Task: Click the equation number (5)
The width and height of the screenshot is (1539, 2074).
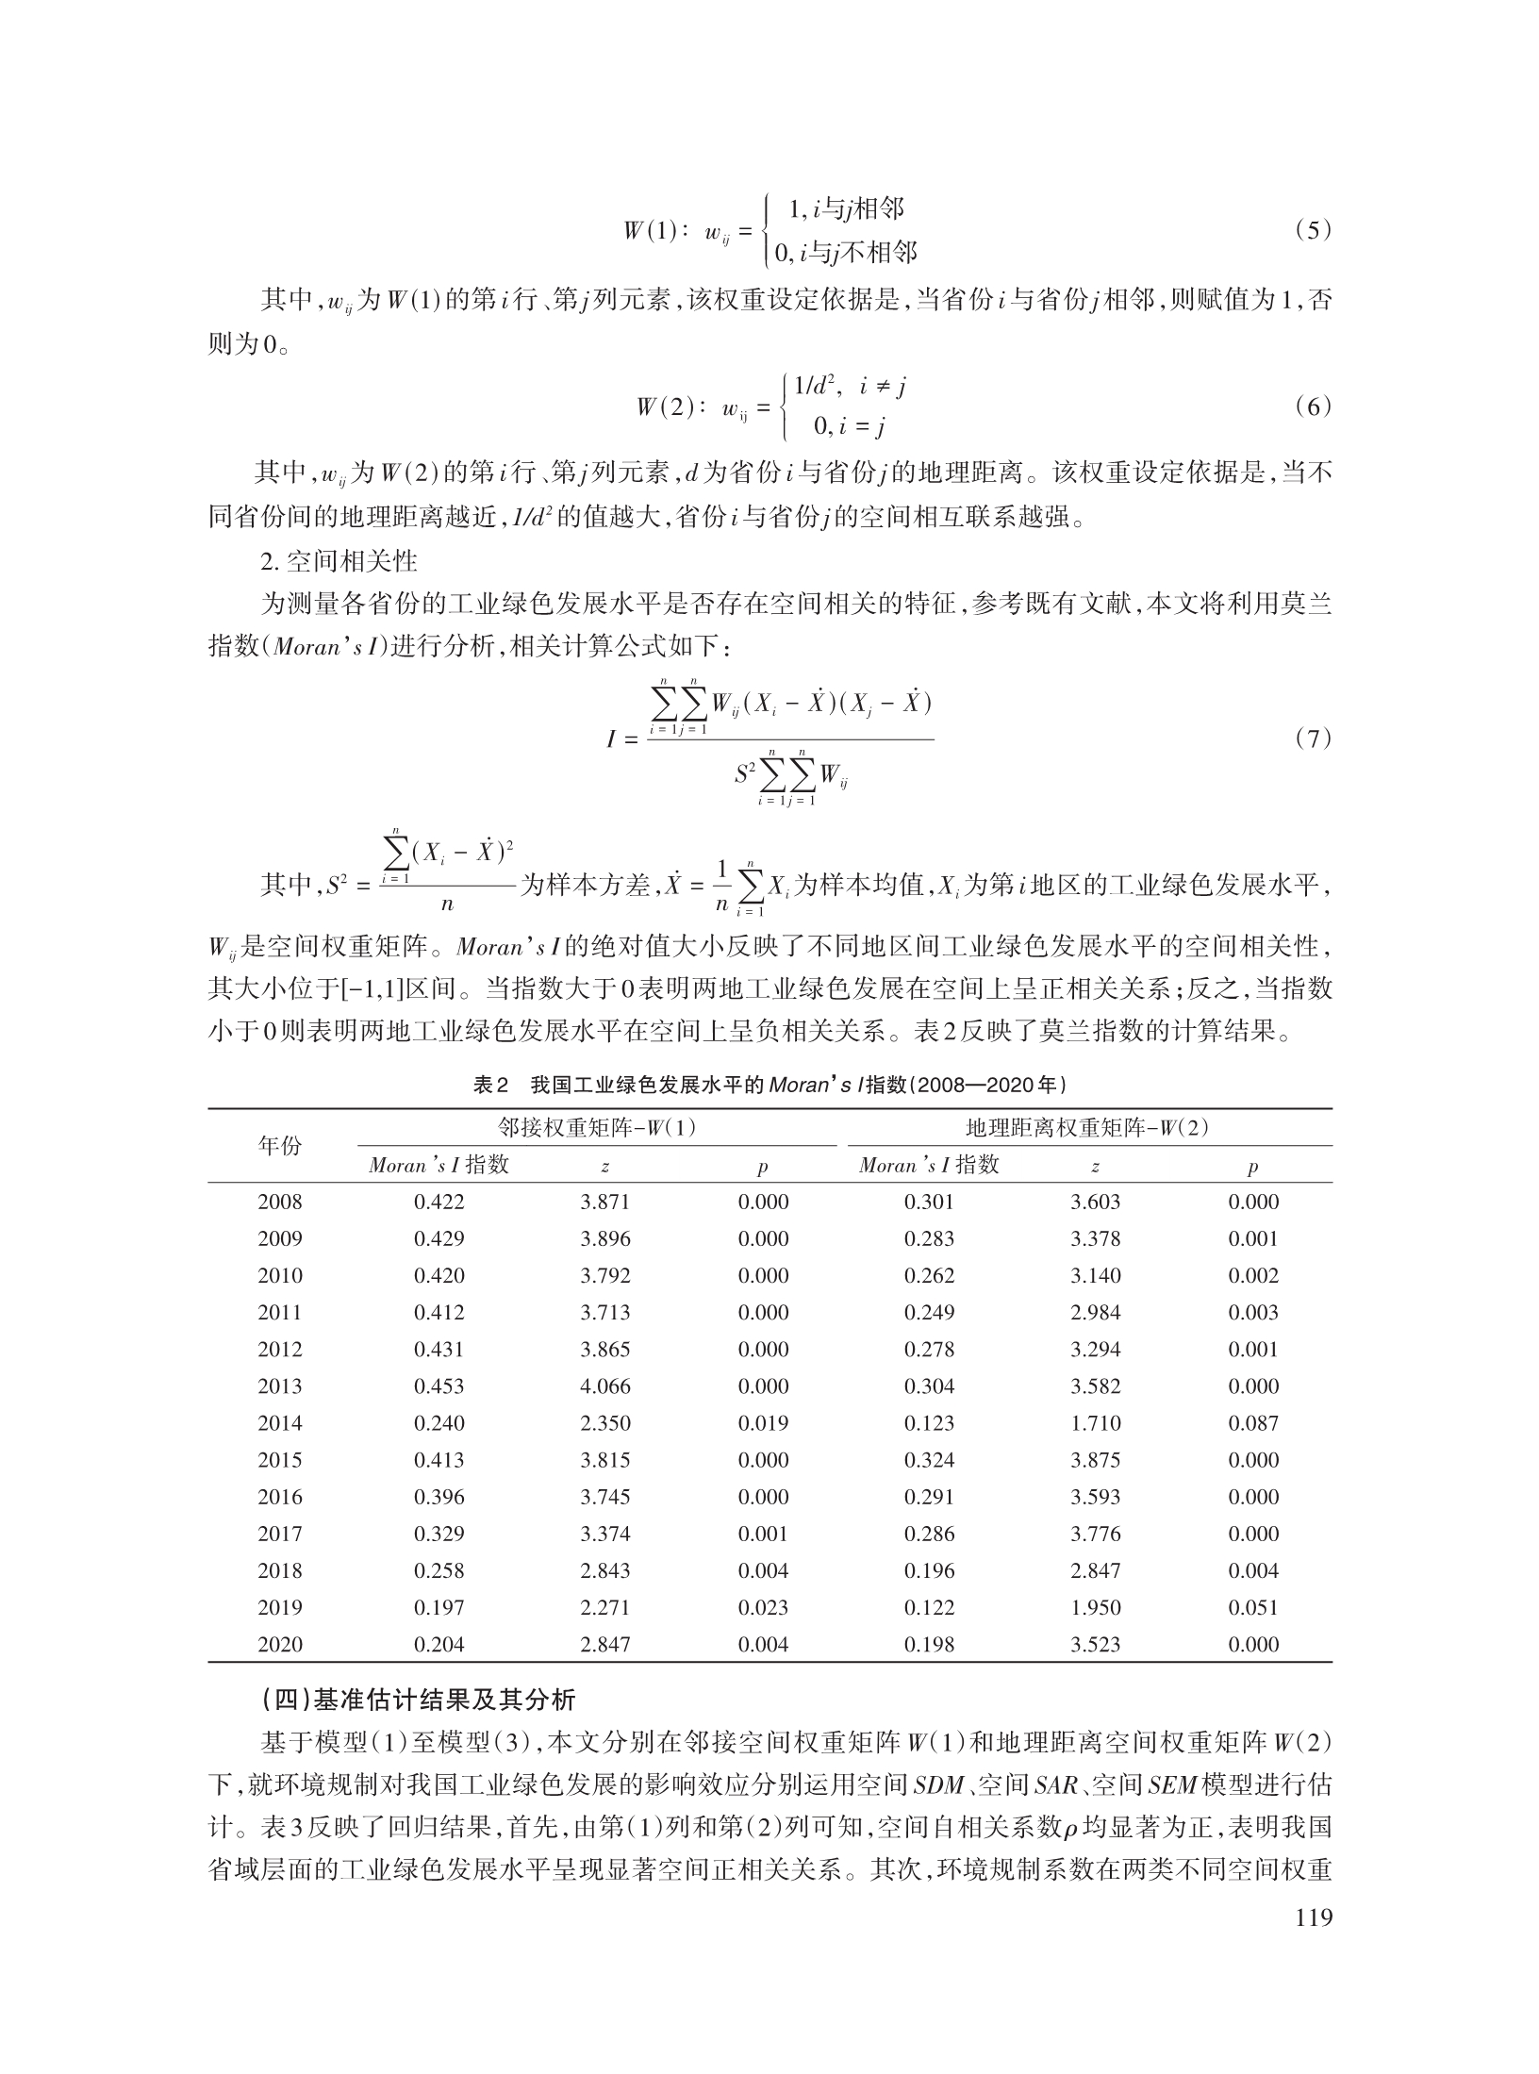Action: (x=1312, y=230)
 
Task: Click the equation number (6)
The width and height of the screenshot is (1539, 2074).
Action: (x=1312, y=407)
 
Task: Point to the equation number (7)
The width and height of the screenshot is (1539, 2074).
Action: (x=1312, y=738)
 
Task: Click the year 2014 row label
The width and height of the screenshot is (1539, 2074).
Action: (x=280, y=1423)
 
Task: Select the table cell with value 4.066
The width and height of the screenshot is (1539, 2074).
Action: (x=605, y=1386)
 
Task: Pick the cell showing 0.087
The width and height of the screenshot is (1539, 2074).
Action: (x=1253, y=1423)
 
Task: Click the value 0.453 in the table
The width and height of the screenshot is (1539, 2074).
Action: (x=439, y=1386)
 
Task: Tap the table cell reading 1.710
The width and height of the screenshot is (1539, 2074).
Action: (x=1096, y=1423)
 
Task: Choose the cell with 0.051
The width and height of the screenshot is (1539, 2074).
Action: (x=1253, y=1607)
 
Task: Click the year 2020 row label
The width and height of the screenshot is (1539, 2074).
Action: (x=280, y=1644)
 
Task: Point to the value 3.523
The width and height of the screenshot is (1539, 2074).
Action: (x=1096, y=1644)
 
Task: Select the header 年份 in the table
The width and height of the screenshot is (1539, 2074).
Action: (x=280, y=1146)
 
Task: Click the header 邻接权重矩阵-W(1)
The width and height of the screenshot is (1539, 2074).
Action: (x=597, y=1128)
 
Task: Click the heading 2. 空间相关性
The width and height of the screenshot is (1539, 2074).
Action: (x=339, y=563)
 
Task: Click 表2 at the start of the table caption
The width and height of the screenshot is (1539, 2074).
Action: (x=491, y=1086)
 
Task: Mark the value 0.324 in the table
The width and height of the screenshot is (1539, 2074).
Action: (x=930, y=1460)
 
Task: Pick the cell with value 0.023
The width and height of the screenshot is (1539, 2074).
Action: (x=763, y=1607)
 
